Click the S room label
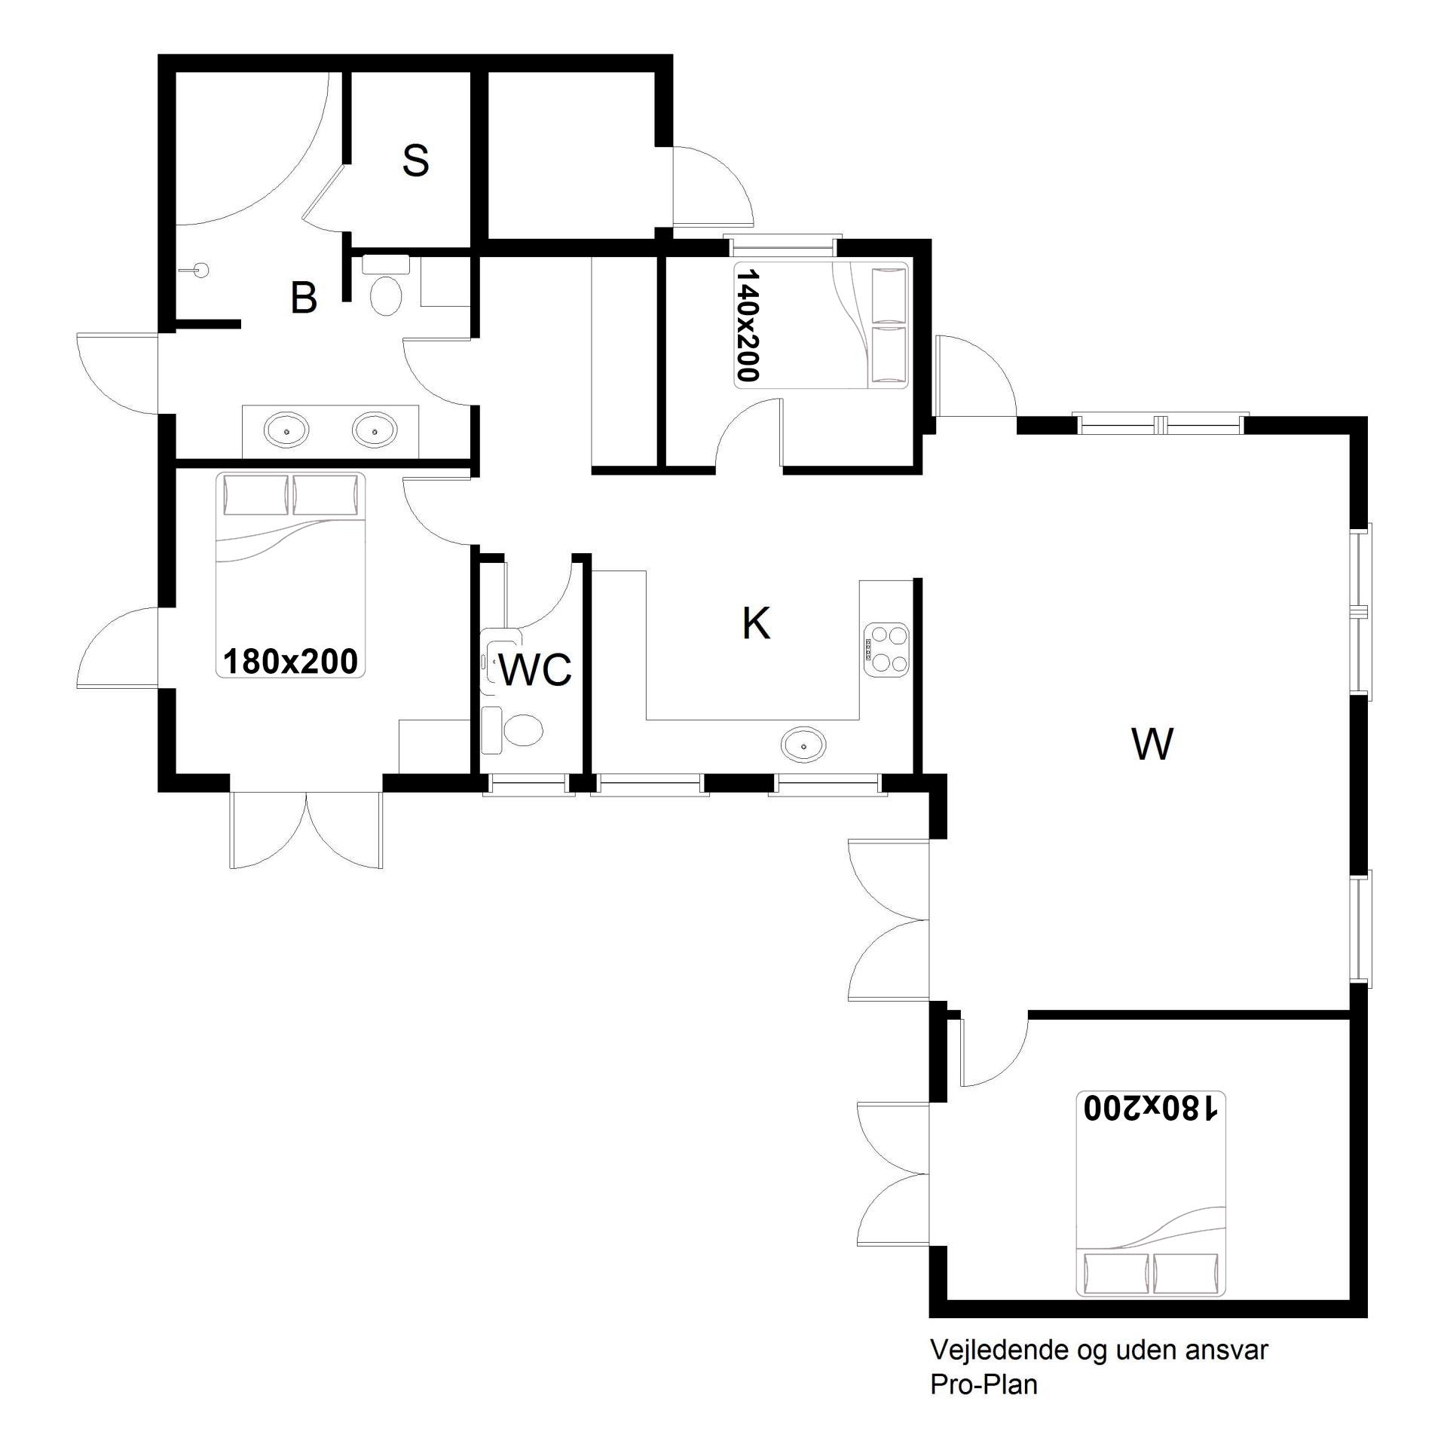[x=415, y=161]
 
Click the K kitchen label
[x=756, y=623]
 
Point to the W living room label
[x=1152, y=744]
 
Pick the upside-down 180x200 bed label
[x=1151, y=1107]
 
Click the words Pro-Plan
[x=984, y=1384]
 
